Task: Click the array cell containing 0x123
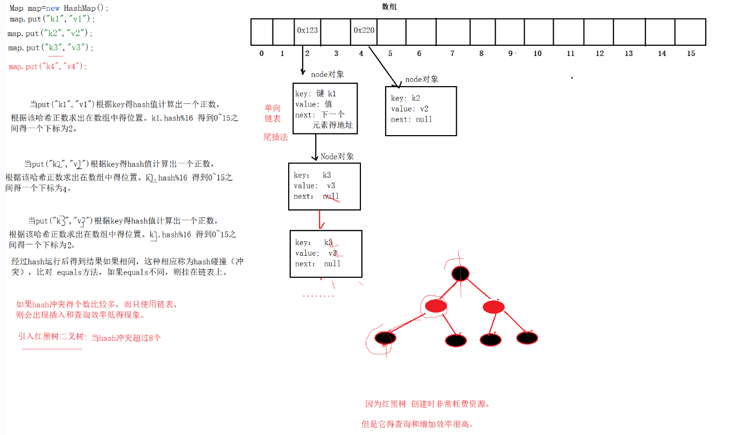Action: (307, 31)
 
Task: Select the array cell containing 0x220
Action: (364, 31)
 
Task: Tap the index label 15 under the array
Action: (691, 54)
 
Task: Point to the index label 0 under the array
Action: (262, 54)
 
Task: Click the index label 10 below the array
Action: (537, 54)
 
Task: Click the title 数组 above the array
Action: (389, 7)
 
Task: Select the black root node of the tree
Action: (460, 273)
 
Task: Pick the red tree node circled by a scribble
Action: (436, 306)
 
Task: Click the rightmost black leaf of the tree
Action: (527, 338)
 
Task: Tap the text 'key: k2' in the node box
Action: (405, 99)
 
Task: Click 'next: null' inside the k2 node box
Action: (412, 120)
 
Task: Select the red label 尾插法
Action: (275, 137)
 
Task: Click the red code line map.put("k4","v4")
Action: (48, 67)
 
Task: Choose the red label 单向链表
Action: (272, 113)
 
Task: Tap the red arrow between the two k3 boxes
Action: (320, 220)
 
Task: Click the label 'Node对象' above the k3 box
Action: (337, 157)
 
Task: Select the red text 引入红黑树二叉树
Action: (52, 337)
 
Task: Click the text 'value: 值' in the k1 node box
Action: (314, 104)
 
